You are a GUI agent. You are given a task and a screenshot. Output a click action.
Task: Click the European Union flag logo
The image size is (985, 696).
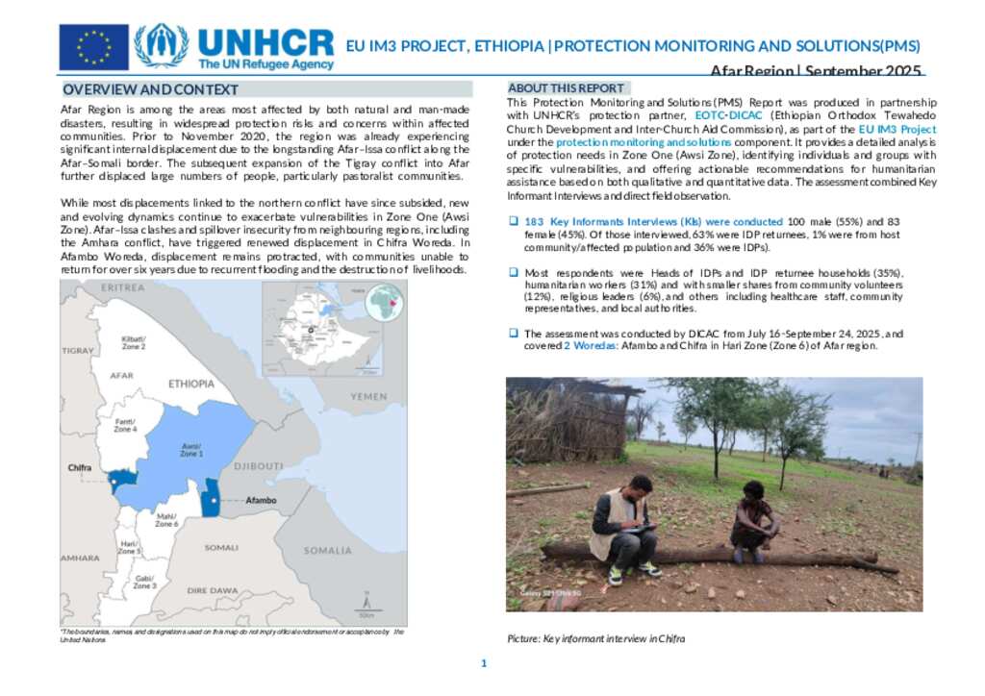(x=93, y=47)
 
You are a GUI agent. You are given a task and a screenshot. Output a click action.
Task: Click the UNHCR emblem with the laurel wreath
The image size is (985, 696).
(x=161, y=46)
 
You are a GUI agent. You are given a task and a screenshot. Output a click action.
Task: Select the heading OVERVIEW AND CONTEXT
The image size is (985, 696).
(x=150, y=89)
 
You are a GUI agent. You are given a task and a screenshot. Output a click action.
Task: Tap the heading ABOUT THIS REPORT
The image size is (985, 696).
(x=566, y=87)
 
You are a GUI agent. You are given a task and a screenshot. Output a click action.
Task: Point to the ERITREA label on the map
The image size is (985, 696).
(x=122, y=287)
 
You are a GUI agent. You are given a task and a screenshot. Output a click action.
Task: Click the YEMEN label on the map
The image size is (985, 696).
(x=368, y=396)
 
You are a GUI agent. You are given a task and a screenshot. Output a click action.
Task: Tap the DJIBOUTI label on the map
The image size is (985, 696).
(x=258, y=466)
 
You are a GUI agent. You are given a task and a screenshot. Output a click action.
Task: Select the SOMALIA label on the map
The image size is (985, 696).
(x=327, y=551)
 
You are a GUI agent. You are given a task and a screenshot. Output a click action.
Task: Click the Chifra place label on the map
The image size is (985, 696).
(x=80, y=468)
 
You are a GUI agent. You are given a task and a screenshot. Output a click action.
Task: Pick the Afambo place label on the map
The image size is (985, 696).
(x=261, y=501)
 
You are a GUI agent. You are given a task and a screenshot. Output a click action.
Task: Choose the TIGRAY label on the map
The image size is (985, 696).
(x=76, y=351)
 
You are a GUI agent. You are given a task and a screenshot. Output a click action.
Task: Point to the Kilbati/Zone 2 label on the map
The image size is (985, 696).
(x=133, y=342)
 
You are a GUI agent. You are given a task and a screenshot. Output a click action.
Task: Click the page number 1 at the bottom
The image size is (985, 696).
(x=485, y=663)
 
